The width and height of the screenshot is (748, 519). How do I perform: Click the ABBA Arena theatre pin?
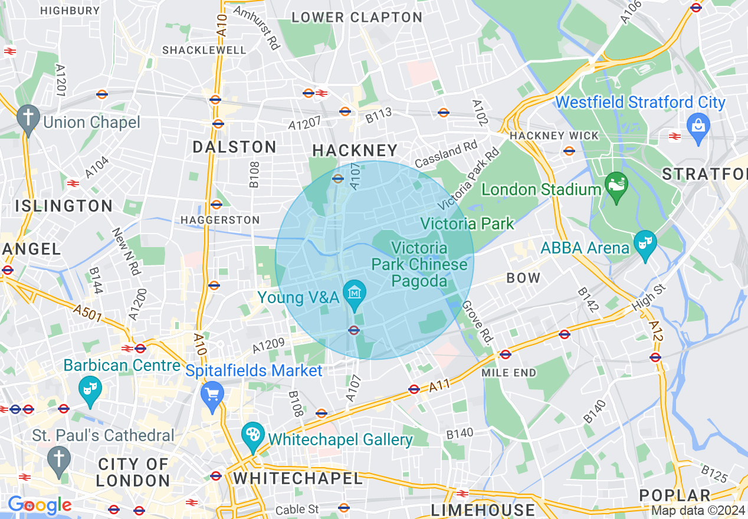coord(645,244)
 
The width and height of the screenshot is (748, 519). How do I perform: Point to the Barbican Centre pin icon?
coord(90,389)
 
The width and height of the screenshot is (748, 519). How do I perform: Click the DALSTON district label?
coord(234,147)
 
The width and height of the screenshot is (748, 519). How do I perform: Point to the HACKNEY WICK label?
coord(554,136)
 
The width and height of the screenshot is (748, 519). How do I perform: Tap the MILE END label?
coord(508,373)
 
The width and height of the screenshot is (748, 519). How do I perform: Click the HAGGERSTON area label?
coord(220,220)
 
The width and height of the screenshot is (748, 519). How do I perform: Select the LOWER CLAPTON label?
coord(357,18)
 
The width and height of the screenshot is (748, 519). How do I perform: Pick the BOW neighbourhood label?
coord(523,278)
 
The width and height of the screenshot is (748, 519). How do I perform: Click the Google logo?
coord(40,505)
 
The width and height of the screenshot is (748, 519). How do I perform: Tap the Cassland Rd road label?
coord(445,155)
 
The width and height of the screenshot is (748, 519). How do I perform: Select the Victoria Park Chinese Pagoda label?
coord(419,264)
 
